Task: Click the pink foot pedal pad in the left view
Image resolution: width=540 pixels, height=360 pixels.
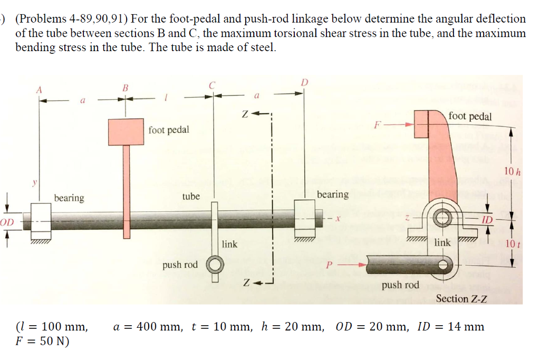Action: pos(126,132)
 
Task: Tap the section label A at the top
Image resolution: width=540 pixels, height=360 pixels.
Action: pos(38,89)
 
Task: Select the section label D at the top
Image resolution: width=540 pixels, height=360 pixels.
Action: pos(304,82)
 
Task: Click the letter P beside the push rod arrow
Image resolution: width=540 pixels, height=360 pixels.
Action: pos(330,265)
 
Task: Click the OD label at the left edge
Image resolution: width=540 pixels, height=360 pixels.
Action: pos(7,222)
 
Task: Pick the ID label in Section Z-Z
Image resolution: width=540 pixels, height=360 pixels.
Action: pos(487,219)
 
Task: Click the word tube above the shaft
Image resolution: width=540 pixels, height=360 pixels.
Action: pos(191,196)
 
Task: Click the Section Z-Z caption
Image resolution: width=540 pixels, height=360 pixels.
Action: pos(461,299)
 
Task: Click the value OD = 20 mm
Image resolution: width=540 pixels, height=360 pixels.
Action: pos(372,327)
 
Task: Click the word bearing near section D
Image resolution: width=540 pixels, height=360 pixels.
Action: pos(332,194)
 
